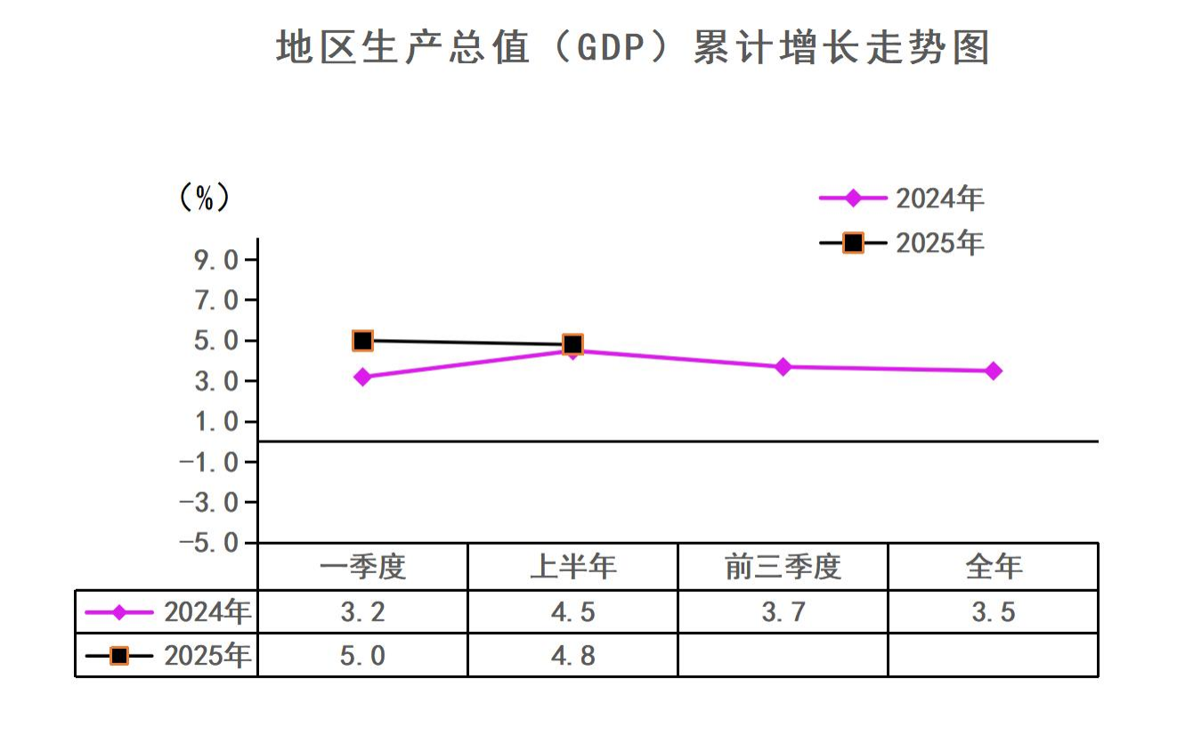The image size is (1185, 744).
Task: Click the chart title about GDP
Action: [x=633, y=47]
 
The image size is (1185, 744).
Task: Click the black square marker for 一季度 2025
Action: [x=362, y=340]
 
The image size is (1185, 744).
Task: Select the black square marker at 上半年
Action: [x=573, y=344]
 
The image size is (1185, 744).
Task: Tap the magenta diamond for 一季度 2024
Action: [x=362, y=377]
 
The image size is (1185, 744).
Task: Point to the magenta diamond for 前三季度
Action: [x=783, y=367]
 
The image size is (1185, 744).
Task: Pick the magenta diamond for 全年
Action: [x=994, y=371]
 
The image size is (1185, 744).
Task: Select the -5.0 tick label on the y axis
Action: [x=209, y=543]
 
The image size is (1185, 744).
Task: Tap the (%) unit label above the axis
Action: [x=205, y=197]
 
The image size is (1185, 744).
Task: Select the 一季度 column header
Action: [x=362, y=566]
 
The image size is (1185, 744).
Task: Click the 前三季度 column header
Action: [x=783, y=566]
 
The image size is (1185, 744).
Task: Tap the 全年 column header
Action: [x=994, y=566]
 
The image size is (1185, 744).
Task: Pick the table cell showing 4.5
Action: [x=572, y=611]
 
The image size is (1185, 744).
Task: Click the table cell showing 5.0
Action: [x=362, y=656]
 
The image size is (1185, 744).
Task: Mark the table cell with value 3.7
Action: [x=783, y=611]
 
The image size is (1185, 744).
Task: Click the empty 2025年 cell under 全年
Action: [x=994, y=656]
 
